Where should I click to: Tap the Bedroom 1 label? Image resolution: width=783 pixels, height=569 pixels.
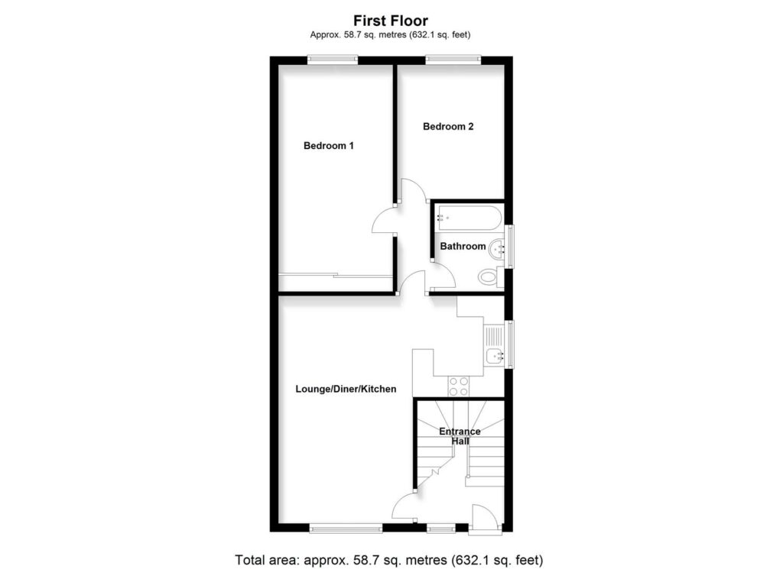(328, 146)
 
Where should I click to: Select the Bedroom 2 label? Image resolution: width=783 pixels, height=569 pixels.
(448, 127)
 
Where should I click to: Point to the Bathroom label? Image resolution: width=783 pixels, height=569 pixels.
(462, 246)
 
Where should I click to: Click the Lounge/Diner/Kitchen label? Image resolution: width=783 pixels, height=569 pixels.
(346, 389)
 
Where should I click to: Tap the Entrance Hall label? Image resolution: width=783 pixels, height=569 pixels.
(460, 436)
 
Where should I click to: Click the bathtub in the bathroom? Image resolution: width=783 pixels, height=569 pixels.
(468, 218)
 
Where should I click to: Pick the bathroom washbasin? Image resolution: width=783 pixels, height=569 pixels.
(498, 247)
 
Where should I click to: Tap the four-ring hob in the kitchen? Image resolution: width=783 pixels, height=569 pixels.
(459, 386)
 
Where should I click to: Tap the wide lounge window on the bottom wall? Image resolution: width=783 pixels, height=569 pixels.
(346, 527)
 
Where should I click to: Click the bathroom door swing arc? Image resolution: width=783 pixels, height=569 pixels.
(443, 276)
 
